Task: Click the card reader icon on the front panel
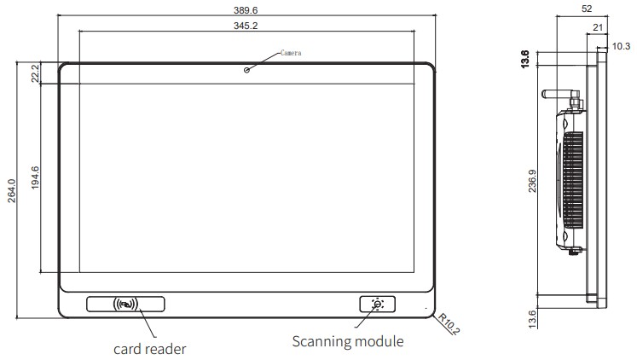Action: tap(126, 303)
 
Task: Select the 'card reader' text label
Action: tap(150, 348)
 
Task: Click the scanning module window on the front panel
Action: tap(377, 304)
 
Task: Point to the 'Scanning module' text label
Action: tap(348, 341)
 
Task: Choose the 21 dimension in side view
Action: tap(598, 27)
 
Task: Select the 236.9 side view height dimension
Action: tap(533, 182)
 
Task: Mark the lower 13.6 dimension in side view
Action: tap(533, 318)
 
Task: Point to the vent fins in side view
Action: tap(574, 179)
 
